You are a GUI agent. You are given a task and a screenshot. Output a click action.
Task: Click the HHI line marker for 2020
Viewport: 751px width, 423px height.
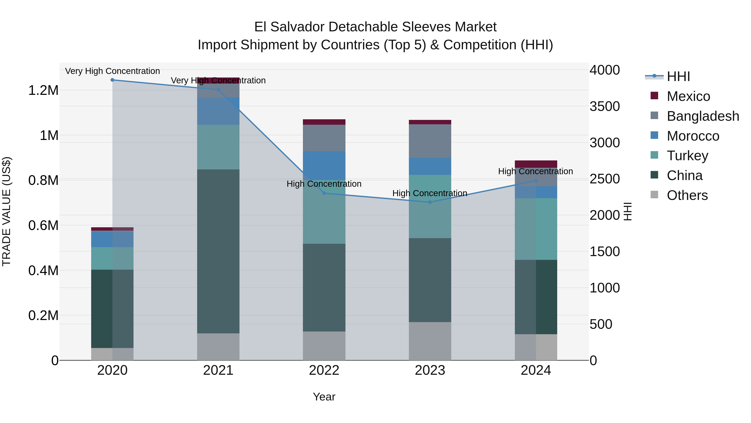click(112, 80)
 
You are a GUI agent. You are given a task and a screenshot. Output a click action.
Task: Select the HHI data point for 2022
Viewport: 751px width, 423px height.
click(324, 193)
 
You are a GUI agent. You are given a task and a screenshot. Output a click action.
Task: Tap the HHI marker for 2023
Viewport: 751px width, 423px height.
click(430, 202)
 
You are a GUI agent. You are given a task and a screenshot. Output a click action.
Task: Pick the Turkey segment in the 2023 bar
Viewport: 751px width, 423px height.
click(430, 206)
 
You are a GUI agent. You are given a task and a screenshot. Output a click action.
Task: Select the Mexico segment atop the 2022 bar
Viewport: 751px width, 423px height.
click(324, 122)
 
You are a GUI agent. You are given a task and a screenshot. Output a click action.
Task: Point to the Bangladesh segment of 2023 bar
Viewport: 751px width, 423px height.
click(430, 141)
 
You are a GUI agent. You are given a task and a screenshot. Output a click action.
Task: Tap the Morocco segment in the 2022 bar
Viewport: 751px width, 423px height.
click(324, 165)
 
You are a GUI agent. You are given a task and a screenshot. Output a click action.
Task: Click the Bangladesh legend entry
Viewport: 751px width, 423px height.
click(703, 116)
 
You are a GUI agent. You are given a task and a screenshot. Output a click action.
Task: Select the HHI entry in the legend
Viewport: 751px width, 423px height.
click(678, 76)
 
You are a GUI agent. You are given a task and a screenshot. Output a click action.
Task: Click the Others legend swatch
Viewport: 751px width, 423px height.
click(654, 195)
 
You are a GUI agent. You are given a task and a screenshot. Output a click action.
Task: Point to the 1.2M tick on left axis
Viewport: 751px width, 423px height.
click(43, 90)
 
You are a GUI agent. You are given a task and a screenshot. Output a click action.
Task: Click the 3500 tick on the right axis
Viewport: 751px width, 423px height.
click(605, 107)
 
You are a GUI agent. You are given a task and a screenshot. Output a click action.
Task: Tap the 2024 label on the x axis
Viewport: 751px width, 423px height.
click(536, 370)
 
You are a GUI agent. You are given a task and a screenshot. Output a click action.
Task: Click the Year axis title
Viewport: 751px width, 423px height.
click(324, 397)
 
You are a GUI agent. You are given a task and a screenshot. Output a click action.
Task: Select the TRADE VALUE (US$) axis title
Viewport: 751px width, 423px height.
click(6, 211)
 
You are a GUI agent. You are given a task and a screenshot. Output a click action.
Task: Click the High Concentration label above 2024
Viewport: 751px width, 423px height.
click(535, 171)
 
